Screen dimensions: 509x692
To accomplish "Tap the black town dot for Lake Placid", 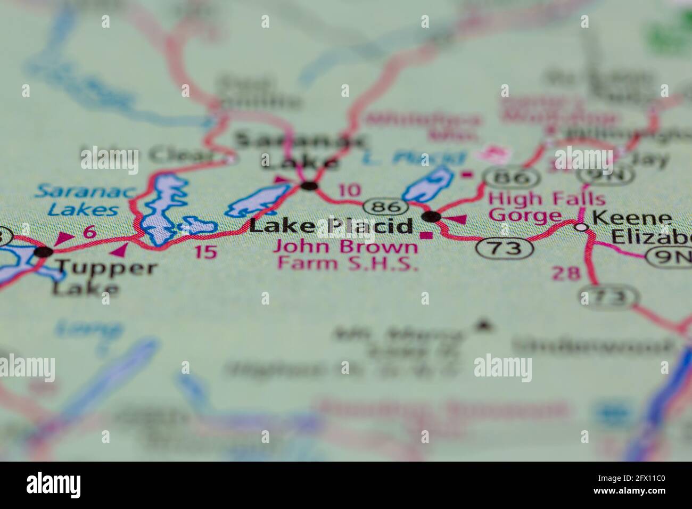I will click(431, 216).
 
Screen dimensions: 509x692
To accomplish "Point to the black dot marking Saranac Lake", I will click(309, 186).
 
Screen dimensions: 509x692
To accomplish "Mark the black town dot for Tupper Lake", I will click(44, 251).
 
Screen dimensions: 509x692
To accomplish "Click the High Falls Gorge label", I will click(547, 207).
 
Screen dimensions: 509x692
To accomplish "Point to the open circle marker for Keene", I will click(582, 227).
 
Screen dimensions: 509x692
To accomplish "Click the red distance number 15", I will click(206, 251).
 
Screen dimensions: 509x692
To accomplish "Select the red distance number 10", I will click(349, 190).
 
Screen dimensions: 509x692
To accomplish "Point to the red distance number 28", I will click(565, 273).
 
